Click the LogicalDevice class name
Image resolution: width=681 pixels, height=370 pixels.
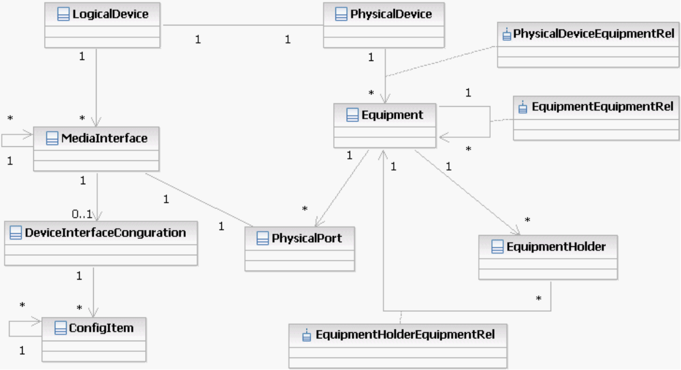110,14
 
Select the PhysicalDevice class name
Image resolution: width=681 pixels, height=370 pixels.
391,14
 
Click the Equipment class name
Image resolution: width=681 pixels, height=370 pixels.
392,115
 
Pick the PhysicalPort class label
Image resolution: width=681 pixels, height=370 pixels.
307,238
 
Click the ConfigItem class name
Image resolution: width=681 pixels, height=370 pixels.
101,328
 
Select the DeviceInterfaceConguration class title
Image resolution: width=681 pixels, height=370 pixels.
106,232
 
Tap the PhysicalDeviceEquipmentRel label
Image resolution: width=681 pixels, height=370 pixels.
593,34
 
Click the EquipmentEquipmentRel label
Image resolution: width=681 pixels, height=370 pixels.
602,106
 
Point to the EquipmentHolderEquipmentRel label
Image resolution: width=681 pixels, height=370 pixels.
405,334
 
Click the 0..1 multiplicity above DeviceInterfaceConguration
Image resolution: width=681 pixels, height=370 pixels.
82,214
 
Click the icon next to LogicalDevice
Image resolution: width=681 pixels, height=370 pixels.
64,15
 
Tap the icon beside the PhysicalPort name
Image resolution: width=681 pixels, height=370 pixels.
262,238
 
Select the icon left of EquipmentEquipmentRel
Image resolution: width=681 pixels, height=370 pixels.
522,107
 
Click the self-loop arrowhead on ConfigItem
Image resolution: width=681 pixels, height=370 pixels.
38,321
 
